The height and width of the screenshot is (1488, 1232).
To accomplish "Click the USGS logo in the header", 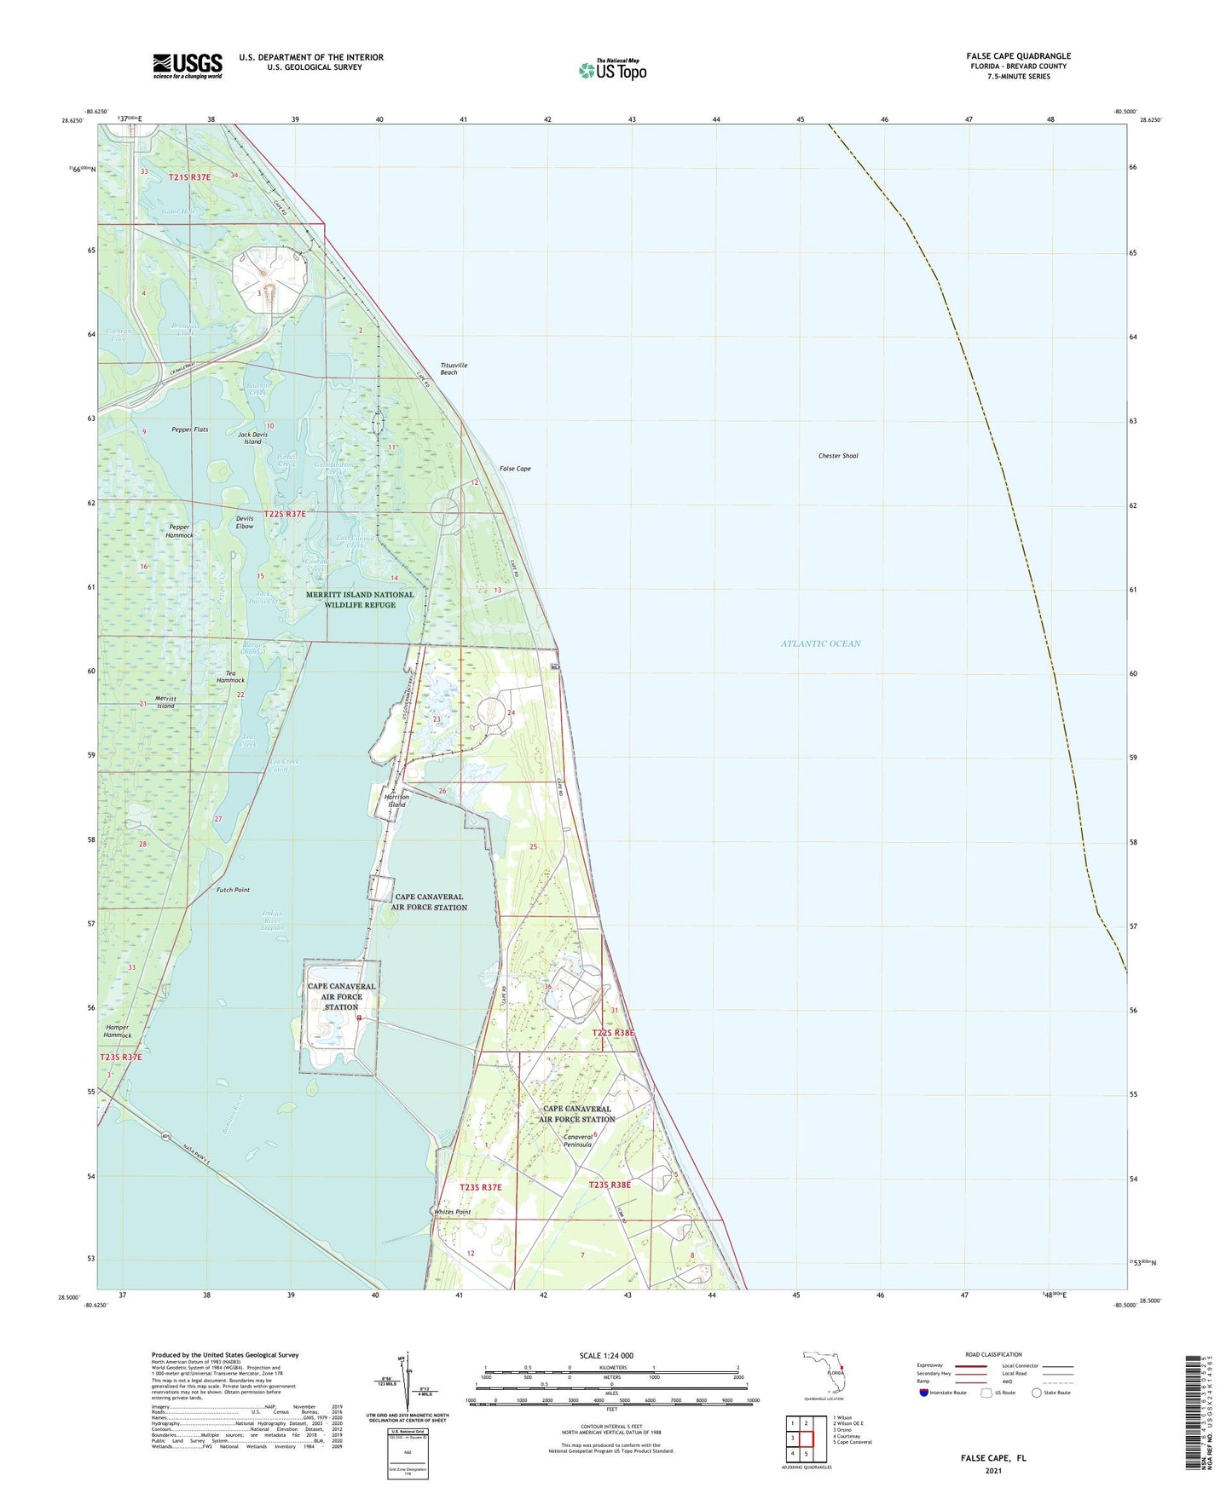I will [188, 66].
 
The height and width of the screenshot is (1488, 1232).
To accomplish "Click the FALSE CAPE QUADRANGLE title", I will [1014, 56].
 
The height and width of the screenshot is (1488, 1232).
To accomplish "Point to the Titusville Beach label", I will [454, 369].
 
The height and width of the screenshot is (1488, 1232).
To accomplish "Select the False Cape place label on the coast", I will [515, 469].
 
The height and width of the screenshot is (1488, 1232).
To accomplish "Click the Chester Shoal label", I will [838, 456].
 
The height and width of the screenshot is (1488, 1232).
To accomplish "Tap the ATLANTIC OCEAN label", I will [820, 643].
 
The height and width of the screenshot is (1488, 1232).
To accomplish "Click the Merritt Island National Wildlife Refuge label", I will [360, 600].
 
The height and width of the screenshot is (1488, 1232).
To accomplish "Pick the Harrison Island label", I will [396, 801].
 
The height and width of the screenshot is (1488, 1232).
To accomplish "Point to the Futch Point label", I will [232, 890].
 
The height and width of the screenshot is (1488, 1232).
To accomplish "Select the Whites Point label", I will [452, 1212].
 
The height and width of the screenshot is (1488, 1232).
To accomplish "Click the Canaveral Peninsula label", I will [577, 1140].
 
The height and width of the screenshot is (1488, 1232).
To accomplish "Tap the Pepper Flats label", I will [189, 430].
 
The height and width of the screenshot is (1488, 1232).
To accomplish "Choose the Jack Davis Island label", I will [250, 438].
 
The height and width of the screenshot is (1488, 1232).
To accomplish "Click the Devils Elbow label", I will [245, 522].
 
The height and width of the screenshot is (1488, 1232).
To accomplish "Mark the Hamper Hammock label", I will [118, 1031].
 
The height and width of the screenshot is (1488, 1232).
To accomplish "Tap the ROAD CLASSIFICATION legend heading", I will [993, 1354].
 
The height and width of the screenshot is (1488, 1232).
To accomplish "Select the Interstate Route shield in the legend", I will [925, 1393].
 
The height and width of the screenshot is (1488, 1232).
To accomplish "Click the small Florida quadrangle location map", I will [824, 1374].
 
